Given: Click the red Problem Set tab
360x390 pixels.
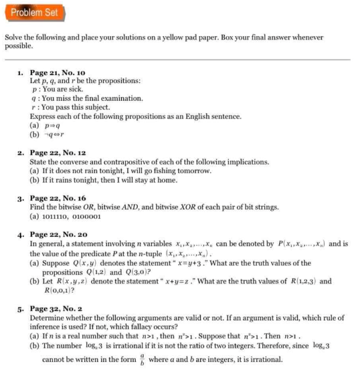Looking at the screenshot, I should [34, 12].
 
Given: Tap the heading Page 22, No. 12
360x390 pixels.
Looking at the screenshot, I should [56, 153].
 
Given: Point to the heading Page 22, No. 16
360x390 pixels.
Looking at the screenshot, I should [56, 199].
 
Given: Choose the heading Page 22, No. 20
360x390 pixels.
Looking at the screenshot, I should [56, 235].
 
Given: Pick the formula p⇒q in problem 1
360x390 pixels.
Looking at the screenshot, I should [56, 125].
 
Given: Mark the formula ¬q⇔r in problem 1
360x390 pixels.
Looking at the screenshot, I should [58, 134].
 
